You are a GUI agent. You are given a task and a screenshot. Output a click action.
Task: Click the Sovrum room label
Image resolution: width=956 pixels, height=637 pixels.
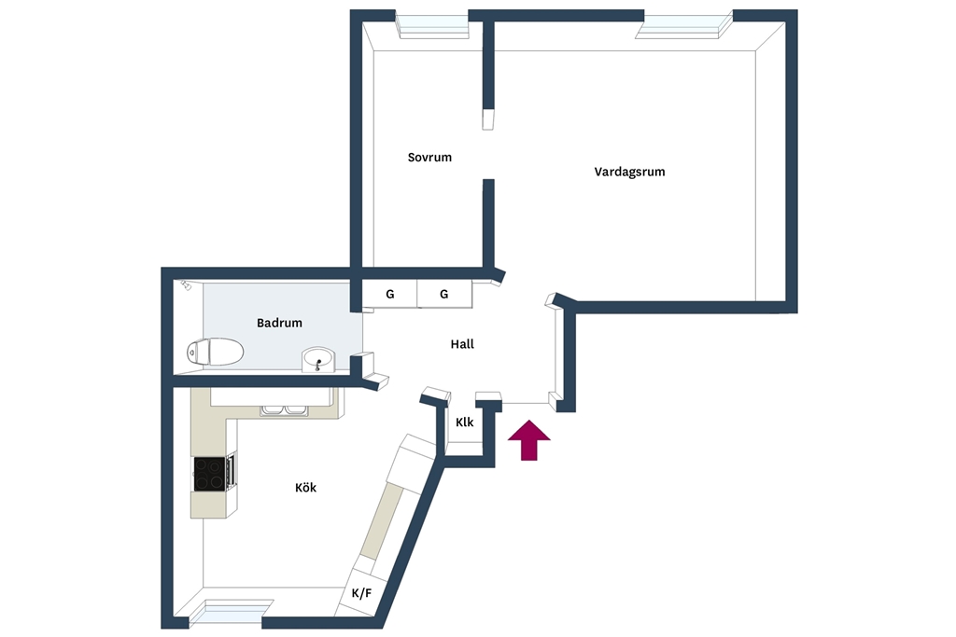pos(429,157)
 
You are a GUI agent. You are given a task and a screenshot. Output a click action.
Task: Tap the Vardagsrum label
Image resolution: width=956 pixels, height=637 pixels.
pos(629,172)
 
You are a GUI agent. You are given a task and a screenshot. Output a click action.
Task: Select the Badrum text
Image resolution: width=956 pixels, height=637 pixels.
pos(279,323)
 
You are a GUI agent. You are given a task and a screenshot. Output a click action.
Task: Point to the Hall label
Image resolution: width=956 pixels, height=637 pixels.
pos(462,344)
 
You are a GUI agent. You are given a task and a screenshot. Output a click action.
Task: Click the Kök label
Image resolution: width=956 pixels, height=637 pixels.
pos(305,488)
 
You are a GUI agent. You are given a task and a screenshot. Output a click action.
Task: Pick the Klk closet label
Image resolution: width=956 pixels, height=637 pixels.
pos(465,422)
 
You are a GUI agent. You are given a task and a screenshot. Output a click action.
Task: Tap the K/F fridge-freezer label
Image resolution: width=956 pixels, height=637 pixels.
pos(361,592)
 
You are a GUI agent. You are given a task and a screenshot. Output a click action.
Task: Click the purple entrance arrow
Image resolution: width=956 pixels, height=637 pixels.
pos(528,439)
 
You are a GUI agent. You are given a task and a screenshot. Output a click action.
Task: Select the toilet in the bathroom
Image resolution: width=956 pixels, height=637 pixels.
pos(216,352)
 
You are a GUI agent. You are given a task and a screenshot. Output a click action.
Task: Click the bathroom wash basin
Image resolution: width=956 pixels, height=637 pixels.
pos(317,359)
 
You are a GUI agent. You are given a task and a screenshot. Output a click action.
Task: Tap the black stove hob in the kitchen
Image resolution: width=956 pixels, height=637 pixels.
pos(209,474)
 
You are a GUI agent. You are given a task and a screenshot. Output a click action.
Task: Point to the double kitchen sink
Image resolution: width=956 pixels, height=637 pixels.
pos(284,410)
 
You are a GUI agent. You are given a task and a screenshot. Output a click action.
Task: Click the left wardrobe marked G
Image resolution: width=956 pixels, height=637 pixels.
pos(390,294)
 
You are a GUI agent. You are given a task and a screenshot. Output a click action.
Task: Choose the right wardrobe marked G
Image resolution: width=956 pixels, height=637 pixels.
pos(443,294)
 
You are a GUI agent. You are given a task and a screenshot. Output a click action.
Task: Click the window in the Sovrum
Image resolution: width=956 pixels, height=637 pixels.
pos(432,25)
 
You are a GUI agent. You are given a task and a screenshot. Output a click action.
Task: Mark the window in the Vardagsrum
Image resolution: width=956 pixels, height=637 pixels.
pos(683,25)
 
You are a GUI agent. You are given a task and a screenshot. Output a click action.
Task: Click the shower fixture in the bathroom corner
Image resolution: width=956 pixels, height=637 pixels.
pos(186,285)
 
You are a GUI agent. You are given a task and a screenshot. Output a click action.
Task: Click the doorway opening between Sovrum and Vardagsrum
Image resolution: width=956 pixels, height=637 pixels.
pos(488,155)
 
